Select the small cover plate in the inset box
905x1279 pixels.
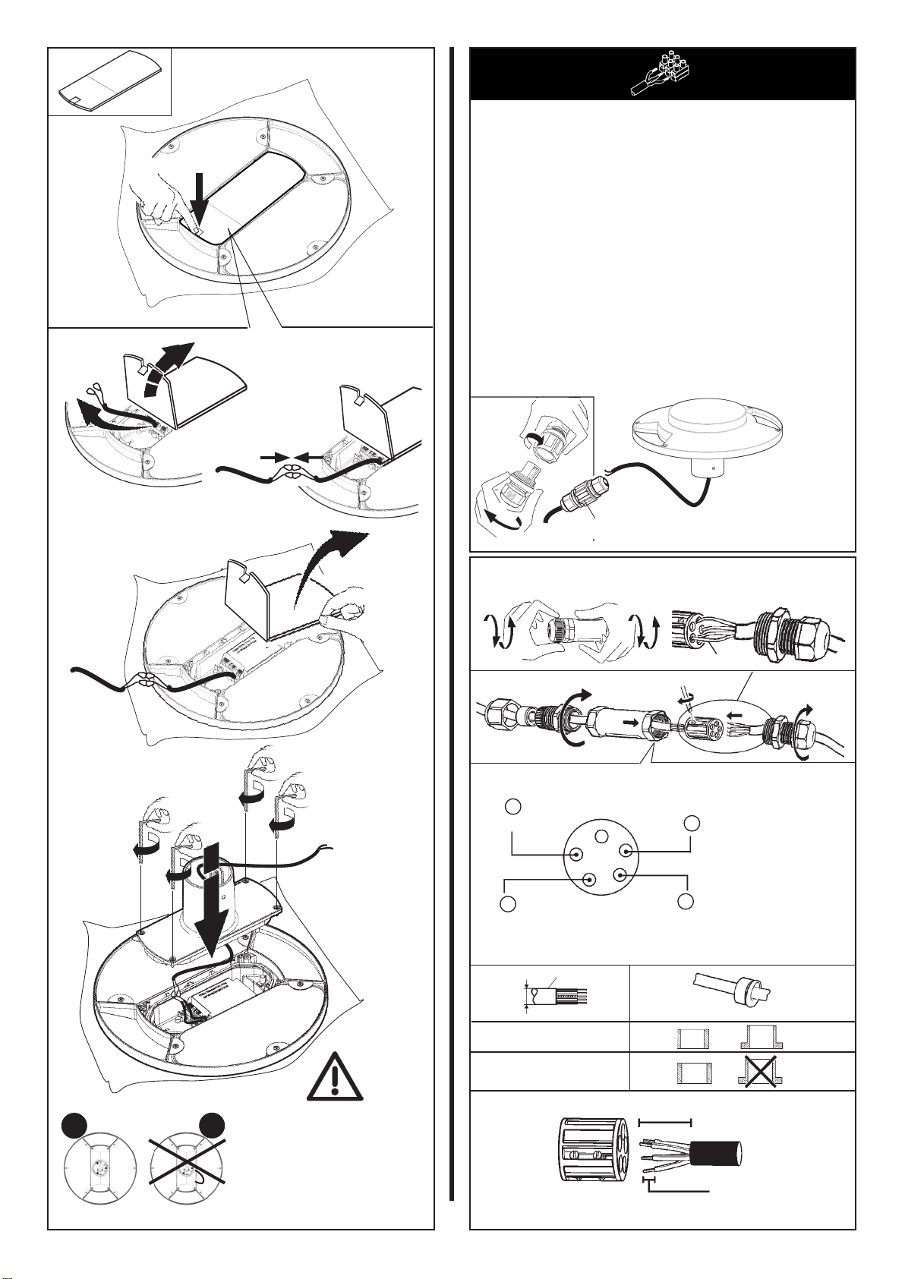coord(109,83)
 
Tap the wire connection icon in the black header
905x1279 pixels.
coord(662,74)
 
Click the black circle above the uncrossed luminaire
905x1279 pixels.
coord(74,1126)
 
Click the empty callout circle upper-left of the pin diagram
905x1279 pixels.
coord(513,805)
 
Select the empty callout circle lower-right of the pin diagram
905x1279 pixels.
coord(686,901)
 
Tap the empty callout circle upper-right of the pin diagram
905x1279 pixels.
coord(691,824)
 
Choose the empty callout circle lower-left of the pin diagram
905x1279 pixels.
coord(508,904)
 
